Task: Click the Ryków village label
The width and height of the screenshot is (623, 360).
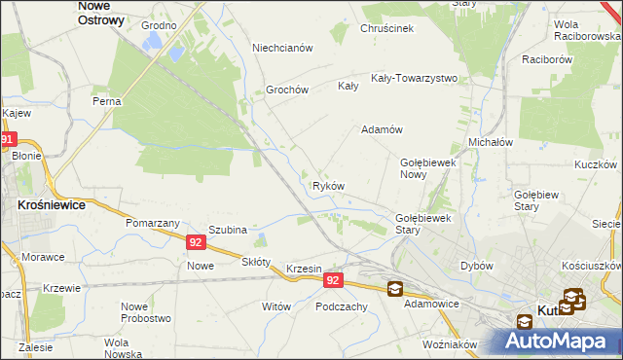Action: click(x=328, y=186)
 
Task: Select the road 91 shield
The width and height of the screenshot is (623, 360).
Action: click(x=8, y=140)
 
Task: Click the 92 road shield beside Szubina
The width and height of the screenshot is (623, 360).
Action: click(x=196, y=242)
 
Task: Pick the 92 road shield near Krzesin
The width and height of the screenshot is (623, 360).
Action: click(x=333, y=280)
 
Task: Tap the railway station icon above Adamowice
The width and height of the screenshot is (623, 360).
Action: click(x=394, y=288)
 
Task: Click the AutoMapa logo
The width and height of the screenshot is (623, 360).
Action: click(x=561, y=341)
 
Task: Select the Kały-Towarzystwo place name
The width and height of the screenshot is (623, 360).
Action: click(x=414, y=78)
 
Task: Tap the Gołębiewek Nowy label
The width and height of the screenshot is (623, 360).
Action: click(x=428, y=168)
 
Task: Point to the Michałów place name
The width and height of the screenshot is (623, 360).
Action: click(x=491, y=141)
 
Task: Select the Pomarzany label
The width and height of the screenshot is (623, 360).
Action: click(x=149, y=223)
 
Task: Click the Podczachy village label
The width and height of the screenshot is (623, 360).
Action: click(x=341, y=306)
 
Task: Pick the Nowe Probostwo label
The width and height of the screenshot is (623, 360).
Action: click(x=146, y=312)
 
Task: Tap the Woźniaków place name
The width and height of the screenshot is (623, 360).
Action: click(x=450, y=344)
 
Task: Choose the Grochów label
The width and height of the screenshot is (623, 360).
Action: click(x=287, y=90)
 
